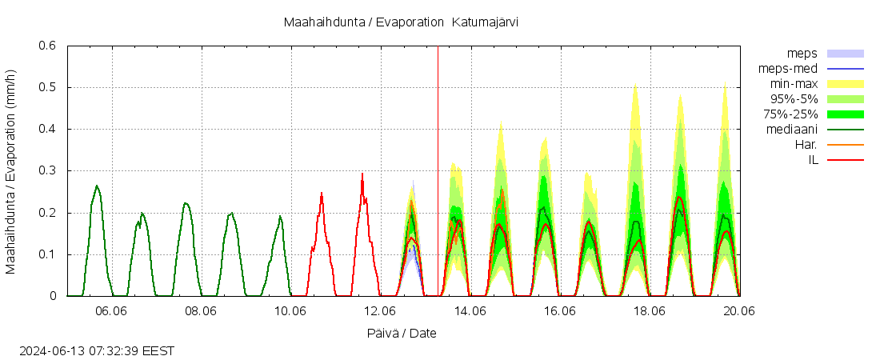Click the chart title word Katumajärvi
(x=485, y=22)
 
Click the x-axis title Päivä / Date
(x=402, y=333)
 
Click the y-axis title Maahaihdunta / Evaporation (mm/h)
(x=11, y=171)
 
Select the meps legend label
(x=802, y=54)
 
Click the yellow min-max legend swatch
(x=845, y=84)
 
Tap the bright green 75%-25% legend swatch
(x=845, y=114)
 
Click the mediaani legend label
(x=791, y=130)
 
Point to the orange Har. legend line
(x=845, y=145)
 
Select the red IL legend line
(x=845, y=160)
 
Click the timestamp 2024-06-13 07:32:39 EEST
(x=97, y=350)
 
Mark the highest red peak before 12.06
(x=362, y=174)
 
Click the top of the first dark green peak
(x=97, y=186)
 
